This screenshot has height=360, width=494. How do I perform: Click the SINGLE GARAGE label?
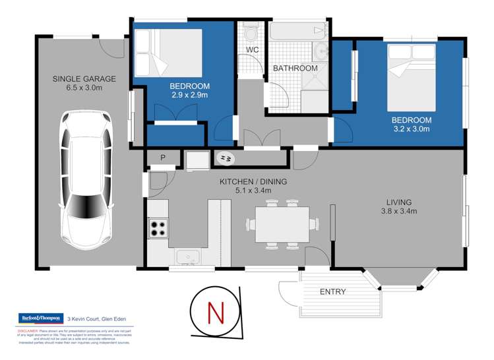click(x=84, y=79)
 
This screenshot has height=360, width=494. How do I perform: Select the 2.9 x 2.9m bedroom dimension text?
click(x=189, y=95)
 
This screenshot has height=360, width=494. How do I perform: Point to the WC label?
click(x=252, y=50)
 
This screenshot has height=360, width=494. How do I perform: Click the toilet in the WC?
click(x=250, y=32)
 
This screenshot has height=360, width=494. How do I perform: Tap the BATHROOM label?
click(x=295, y=68)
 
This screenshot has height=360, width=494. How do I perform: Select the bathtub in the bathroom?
click(x=299, y=31)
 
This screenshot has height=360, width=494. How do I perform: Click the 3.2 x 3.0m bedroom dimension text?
click(x=411, y=129)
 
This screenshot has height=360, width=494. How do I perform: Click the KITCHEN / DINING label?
click(x=253, y=181)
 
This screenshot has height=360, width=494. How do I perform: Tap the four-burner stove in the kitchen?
click(x=158, y=227)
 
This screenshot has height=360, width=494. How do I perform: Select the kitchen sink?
click(x=187, y=256)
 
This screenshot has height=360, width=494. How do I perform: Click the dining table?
click(x=282, y=224)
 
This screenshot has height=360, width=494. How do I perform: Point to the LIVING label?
click(x=399, y=202)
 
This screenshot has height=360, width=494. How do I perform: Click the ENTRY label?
click(x=332, y=291)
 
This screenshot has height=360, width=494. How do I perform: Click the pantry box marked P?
click(x=162, y=157)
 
